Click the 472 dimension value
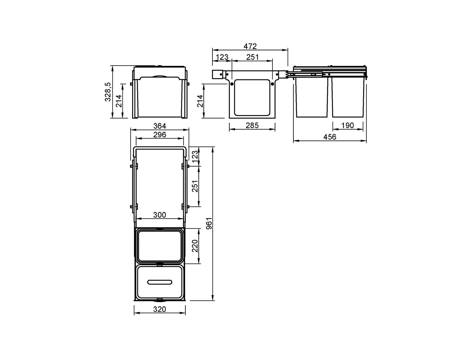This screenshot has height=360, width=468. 250,46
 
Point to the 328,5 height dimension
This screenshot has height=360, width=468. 108,92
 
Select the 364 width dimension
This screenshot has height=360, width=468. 159,126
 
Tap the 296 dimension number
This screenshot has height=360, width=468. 159,135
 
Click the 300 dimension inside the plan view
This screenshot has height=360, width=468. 159,215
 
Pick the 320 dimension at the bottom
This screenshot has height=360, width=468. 159,309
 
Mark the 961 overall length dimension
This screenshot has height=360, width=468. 209,224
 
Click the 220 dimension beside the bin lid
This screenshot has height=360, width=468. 195,246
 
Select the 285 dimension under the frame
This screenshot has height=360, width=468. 252,125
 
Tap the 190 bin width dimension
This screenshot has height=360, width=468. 348,125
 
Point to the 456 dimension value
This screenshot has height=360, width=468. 330,137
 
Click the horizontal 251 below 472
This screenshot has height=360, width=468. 252,57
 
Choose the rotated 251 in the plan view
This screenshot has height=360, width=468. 195,186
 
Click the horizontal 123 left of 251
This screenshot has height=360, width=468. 222,57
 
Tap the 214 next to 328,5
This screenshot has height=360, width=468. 119,101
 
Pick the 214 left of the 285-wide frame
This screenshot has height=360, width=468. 200,101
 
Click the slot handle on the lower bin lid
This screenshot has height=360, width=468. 159,282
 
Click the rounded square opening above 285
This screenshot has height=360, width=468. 252,98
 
